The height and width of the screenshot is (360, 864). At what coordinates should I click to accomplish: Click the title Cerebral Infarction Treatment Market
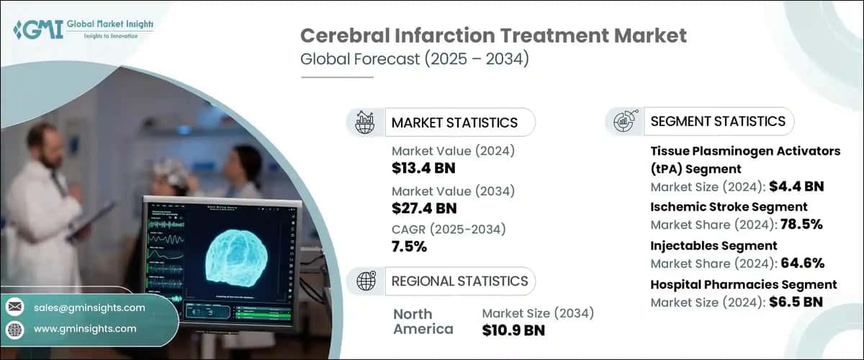coord(493,35)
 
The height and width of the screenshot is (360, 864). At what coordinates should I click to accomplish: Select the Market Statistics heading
coord(454,122)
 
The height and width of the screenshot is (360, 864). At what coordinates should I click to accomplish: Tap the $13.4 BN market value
coord(424,168)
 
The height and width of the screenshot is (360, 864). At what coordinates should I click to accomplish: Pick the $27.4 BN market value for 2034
coord(424,210)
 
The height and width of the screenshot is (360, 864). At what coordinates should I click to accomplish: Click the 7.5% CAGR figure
coord(410,247)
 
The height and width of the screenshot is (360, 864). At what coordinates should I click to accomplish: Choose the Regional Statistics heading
coord(459,281)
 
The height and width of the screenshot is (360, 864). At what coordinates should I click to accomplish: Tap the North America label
coord(423,322)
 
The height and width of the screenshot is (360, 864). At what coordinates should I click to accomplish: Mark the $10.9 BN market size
coord(513,330)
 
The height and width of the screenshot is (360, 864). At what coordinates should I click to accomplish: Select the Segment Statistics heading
coord(718,121)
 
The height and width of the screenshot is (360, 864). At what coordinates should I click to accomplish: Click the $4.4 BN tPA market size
coord(796,186)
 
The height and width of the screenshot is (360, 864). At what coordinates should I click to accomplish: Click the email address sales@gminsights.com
coord(89,307)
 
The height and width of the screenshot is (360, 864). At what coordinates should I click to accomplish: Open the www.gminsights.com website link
coord(84,329)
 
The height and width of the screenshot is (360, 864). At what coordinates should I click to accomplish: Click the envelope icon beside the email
coord(14,307)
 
